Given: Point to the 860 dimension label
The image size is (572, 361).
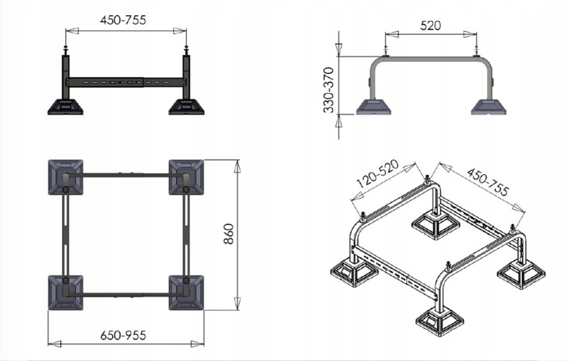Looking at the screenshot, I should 227,235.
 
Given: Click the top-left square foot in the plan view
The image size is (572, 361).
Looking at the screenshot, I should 65,177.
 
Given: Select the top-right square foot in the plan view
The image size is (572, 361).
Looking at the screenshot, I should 187,177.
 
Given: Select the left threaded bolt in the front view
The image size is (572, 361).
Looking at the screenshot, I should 67,51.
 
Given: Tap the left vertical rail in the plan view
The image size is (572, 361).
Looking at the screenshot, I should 65,235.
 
